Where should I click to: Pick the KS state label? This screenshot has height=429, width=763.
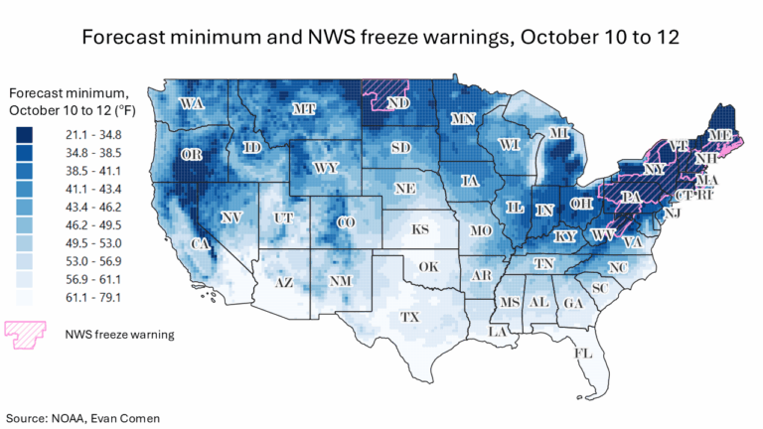click(420, 229)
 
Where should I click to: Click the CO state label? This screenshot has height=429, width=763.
click(345, 223)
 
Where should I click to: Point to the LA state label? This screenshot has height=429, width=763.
click(498, 333)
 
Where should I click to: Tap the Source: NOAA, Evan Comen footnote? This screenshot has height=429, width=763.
click(78, 417)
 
